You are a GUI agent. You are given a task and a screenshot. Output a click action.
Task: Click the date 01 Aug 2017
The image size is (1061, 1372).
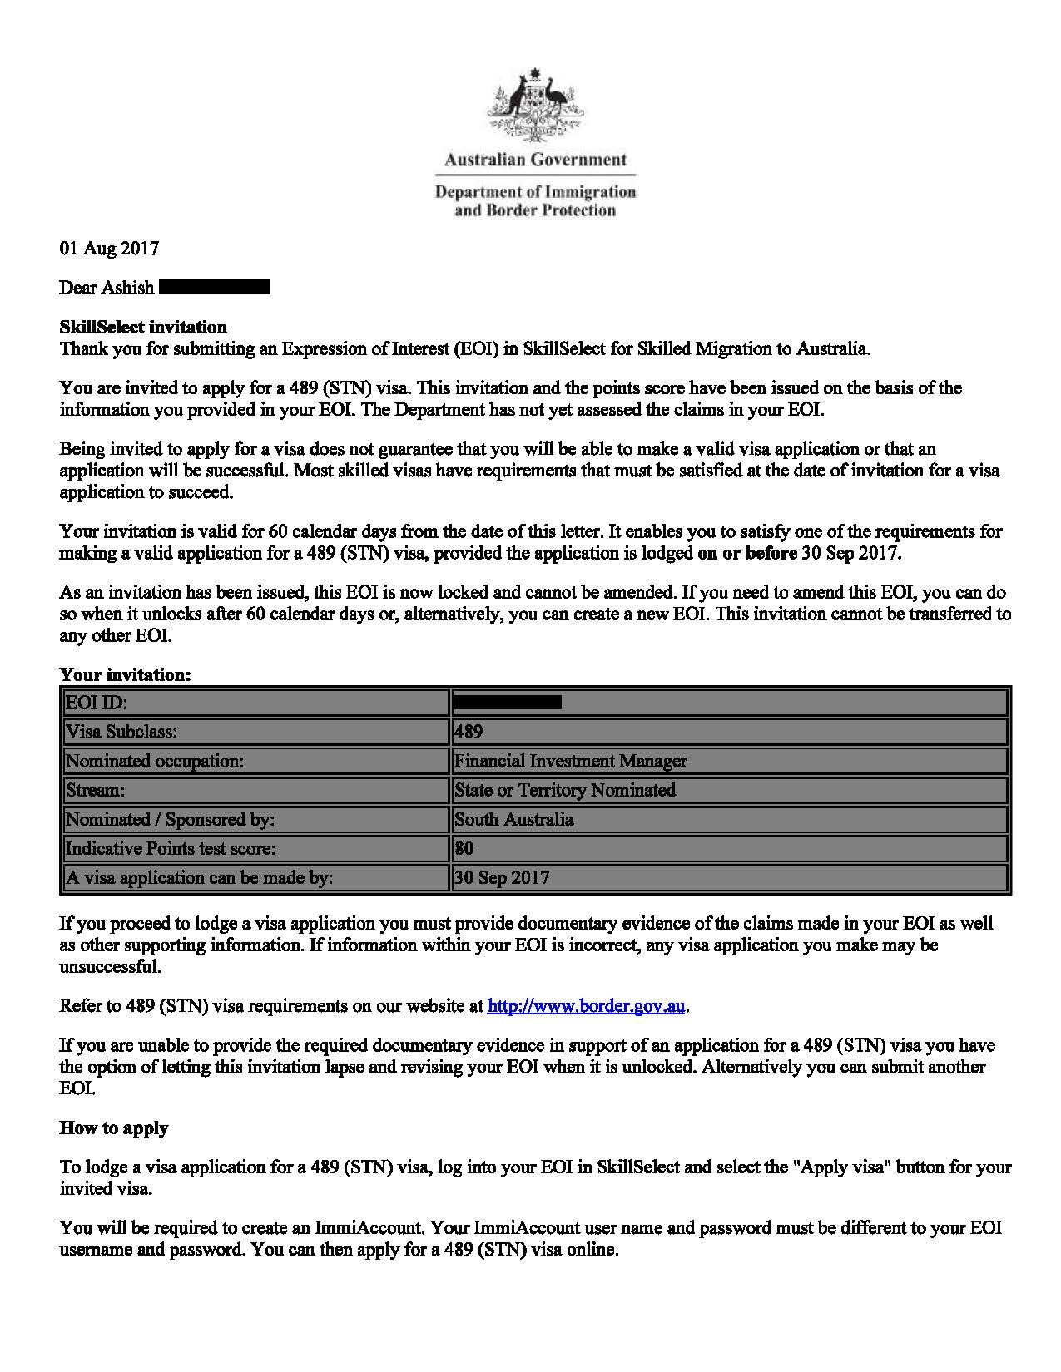[x=109, y=248]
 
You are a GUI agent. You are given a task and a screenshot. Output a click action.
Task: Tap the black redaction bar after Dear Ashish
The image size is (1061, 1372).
[x=214, y=288]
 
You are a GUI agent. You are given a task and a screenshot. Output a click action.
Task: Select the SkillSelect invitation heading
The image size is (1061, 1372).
[x=143, y=328]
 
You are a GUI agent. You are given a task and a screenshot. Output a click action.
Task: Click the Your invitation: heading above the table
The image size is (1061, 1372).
[x=125, y=675]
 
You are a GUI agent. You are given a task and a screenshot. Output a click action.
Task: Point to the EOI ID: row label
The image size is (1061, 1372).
[x=97, y=703]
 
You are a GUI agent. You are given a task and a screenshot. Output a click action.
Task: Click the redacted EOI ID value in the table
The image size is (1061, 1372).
[x=508, y=703]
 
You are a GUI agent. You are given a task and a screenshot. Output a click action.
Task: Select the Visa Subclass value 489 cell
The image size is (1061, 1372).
[x=469, y=732]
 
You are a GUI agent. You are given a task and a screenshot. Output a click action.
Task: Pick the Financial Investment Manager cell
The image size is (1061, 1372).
[x=571, y=761]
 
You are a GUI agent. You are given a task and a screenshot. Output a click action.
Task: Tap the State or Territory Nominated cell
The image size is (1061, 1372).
[x=565, y=790]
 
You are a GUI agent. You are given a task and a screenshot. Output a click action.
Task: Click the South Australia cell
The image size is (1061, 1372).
[x=513, y=820]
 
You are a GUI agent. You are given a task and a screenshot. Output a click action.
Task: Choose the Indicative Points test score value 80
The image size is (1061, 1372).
[x=464, y=849]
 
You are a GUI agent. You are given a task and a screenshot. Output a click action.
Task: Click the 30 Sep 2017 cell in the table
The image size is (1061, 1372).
[x=502, y=878]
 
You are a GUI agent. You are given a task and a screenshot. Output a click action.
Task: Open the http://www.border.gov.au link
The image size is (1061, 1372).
[x=586, y=1006]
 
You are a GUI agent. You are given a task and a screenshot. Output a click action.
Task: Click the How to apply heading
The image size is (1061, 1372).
[x=114, y=1128]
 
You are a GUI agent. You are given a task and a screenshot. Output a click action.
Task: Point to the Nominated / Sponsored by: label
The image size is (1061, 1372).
[x=170, y=820]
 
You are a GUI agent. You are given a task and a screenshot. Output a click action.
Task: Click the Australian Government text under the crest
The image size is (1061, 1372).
[x=535, y=160]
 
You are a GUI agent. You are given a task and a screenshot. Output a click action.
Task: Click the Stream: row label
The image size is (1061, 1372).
[x=96, y=790]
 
